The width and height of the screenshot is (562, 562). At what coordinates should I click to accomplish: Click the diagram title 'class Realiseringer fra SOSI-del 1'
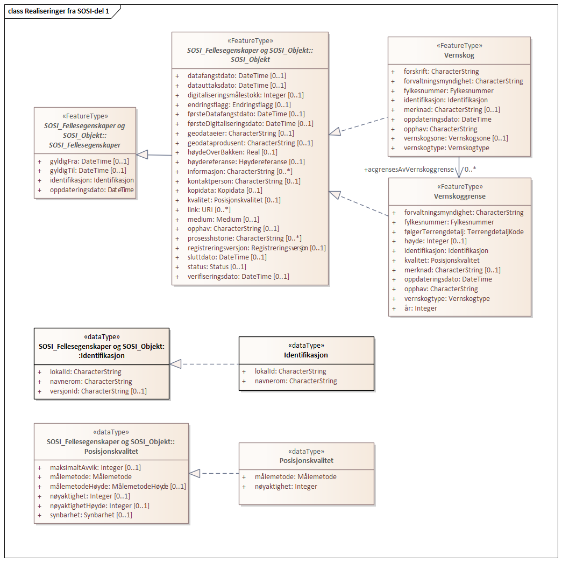[x=59, y=11]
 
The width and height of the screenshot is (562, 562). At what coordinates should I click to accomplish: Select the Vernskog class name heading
[x=459, y=55]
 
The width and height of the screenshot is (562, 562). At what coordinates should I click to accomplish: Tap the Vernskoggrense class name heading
[x=459, y=196]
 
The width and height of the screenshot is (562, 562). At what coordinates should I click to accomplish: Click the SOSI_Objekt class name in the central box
[x=250, y=59]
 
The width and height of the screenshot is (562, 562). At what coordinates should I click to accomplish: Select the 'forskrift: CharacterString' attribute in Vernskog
[x=441, y=71]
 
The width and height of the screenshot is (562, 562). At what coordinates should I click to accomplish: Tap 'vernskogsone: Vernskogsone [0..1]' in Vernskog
[x=456, y=138]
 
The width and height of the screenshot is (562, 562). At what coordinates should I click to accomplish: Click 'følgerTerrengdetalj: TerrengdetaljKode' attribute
[x=464, y=231]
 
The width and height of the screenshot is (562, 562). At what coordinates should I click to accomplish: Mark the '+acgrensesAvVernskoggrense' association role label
[x=409, y=170]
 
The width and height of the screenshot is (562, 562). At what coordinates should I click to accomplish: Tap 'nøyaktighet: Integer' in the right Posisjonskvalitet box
[x=286, y=486]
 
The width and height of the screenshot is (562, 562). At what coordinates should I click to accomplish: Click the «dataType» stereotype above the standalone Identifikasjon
[x=306, y=346]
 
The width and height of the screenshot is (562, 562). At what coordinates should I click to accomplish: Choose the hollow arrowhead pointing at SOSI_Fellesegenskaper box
[x=143, y=154]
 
